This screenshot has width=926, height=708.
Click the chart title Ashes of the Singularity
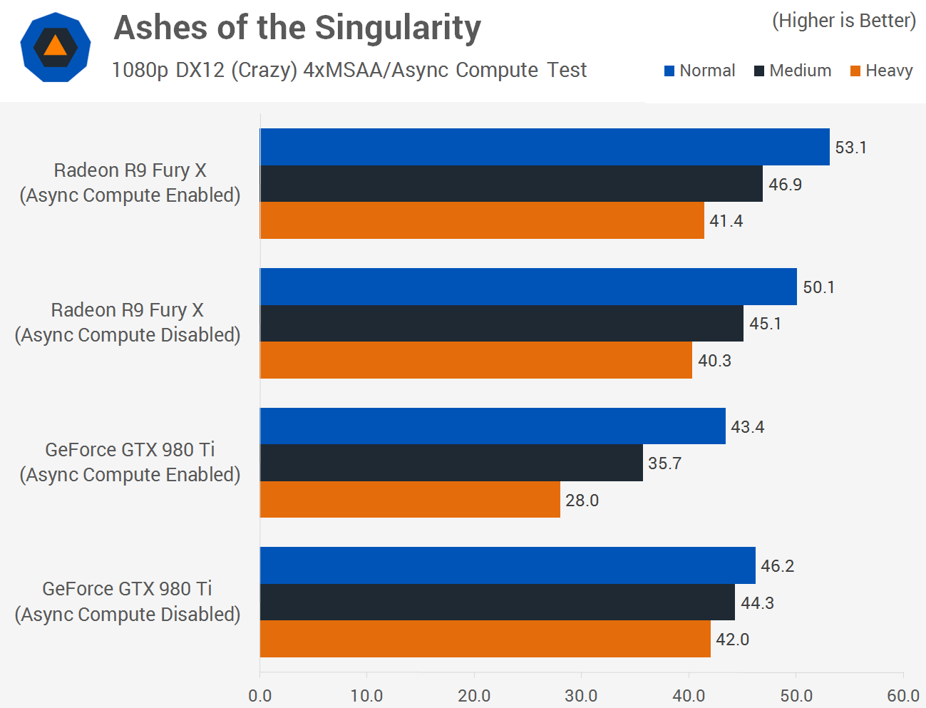[297, 29]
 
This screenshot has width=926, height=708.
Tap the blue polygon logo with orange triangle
[55, 47]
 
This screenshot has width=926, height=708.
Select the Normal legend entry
[699, 71]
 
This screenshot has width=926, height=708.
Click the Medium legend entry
[793, 71]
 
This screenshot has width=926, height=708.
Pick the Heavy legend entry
[882, 71]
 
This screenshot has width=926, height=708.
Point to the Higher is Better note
[843, 21]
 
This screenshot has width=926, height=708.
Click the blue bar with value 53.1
[545, 147]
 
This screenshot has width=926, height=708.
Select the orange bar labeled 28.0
[410, 500]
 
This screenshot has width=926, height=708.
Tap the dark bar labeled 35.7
[451, 463]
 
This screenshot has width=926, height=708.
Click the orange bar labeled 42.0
[485, 639]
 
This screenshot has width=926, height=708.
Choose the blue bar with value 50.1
[528, 287]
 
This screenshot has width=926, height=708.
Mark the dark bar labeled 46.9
[511, 184]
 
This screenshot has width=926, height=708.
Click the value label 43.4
[747, 427]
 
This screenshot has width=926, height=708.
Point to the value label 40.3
[714, 361]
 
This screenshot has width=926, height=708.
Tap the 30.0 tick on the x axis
[581, 696]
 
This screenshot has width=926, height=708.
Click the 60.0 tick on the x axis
[902, 696]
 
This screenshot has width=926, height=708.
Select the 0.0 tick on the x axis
[260, 696]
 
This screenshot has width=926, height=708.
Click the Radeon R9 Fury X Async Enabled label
[130, 183]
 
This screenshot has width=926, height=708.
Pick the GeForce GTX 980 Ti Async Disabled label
[128, 601]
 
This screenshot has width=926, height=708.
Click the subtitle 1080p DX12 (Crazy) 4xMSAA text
[349, 70]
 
